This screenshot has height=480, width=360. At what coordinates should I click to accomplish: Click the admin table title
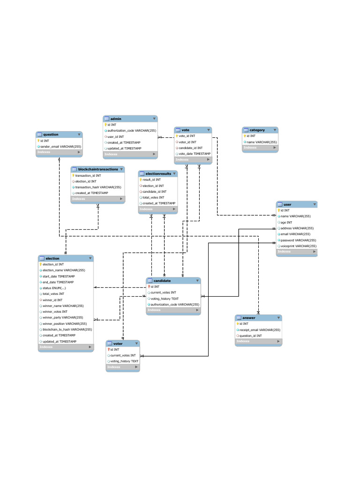click(x=116, y=119)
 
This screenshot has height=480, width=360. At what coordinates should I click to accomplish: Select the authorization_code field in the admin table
click(x=131, y=131)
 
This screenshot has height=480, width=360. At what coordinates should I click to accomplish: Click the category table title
click(x=257, y=130)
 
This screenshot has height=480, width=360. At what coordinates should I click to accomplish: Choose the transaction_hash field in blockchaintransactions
click(x=98, y=187)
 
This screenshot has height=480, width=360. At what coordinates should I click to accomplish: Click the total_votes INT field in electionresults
click(x=153, y=197)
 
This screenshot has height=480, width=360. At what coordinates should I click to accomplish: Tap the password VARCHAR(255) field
click(x=295, y=240)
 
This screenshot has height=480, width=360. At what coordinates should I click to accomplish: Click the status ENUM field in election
click(x=54, y=288)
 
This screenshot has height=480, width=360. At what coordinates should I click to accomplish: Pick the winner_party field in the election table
click(x=63, y=317)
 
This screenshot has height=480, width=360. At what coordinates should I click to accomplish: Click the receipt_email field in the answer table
click(x=260, y=330)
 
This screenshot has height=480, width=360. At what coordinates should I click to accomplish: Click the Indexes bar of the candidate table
click(x=173, y=310)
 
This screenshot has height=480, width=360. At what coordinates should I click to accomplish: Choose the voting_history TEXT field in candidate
click(x=164, y=299)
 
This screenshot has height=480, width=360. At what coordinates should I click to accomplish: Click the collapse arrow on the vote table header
click(x=208, y=130)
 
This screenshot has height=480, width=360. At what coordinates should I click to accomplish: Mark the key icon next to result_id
click(x=141, y=180)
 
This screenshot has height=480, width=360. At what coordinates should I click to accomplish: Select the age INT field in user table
click(x=286, y=222)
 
